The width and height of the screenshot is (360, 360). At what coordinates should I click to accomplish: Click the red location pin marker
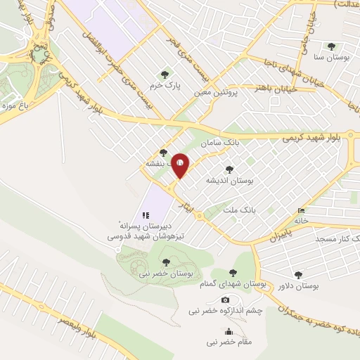pyautogui.click(x=180, y=166)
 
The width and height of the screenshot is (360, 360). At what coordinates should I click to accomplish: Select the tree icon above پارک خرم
pyautogui.click(x=165, y=73)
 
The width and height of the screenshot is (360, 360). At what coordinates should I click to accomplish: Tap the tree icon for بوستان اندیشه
pyautogui.click(x=229, y=169)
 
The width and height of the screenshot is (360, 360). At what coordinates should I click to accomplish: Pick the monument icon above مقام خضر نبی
pyautogui.click(x=228, y=332)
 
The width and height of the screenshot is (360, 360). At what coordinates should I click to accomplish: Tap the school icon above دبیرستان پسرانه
pyautogui.click(x=145, y=214)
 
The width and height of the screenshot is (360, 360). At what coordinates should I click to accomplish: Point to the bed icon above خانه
pyautogui.click(x=302, y=210)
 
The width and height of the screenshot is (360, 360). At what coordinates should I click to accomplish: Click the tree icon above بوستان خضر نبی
pyautogui.click(x=166, y=262)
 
